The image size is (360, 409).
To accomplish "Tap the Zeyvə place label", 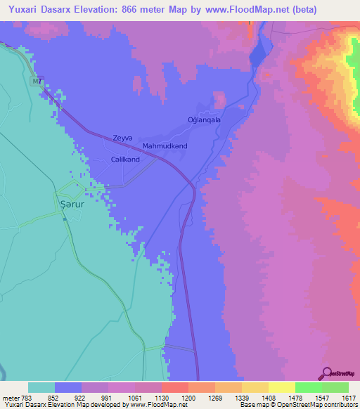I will click(x=122, y=138).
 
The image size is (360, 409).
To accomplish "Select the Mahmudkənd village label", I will click(x=165, y=146).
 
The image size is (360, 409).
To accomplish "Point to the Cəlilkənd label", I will click(x=125, y=160).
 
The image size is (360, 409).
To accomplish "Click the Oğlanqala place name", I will click(x=204, y=120).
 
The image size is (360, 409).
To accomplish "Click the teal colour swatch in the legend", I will click(x=41, y=387).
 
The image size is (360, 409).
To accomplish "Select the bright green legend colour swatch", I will click(x=308, y=387).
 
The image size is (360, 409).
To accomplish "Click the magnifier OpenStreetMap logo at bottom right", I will click(x=325, y=373).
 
